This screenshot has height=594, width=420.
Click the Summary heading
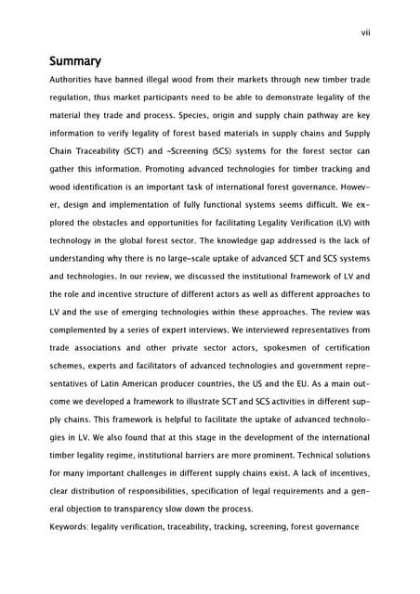(x=75, y=61)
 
